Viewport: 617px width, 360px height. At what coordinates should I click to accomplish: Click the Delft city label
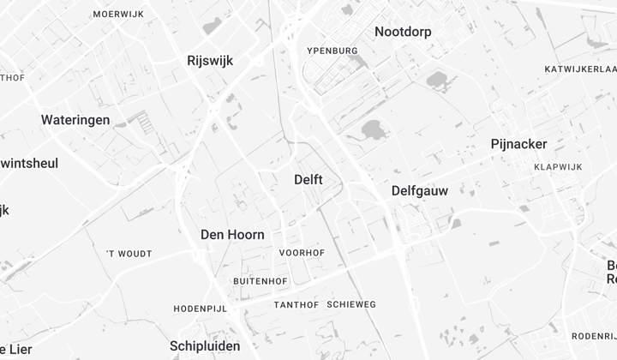(308, 179)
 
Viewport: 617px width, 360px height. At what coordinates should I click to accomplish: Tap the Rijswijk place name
(210, 61)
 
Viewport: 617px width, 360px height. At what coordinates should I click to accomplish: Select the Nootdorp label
(403, 32)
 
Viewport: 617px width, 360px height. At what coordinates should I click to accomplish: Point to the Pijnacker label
(518, 144)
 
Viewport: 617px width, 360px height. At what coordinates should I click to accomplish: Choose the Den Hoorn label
(232, 234)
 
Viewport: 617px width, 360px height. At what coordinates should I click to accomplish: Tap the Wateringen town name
(75, 120)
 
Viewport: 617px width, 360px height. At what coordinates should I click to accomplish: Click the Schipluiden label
(205, 345)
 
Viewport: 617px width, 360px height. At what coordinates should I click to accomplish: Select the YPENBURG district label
(332, 51)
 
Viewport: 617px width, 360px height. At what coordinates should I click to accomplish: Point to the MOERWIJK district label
(117, 15)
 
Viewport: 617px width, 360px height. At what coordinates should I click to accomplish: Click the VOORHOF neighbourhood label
(302, 253)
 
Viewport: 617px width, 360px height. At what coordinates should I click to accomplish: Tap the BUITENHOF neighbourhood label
(260, 281)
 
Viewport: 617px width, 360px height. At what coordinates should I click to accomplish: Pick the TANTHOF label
(297, 305)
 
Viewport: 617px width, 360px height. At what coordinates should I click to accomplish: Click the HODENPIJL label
(200, 309)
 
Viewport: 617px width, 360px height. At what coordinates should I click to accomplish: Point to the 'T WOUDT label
(129, 254)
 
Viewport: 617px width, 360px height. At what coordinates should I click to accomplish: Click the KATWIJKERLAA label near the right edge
(580, 69)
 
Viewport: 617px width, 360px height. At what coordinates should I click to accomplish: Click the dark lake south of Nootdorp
(373, 130)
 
